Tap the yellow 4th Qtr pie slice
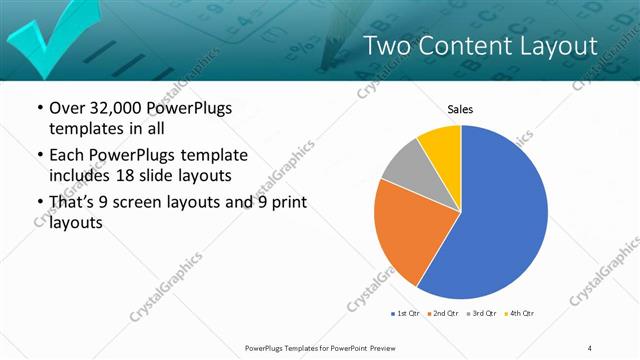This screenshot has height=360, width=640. pos(441,144)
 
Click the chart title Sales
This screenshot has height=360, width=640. pos(460,109)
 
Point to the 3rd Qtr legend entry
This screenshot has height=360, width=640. pos(482,313)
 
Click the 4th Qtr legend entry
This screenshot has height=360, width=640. pos(518,313)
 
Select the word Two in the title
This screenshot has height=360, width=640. pos(385,46)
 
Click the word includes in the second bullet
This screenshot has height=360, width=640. pos(82,176)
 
